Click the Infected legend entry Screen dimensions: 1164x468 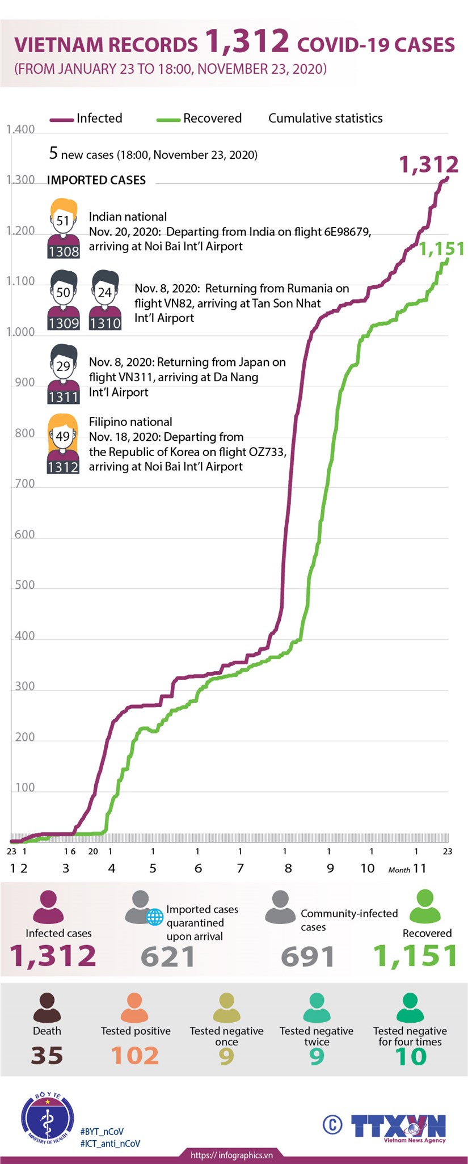[x=86, y=119]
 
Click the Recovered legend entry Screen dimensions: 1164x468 [x=200, y=119]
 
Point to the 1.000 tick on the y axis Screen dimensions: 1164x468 [x=20, y=332]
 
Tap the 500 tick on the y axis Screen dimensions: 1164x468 [x=24, y=585]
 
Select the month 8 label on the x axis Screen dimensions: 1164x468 [x=288, y=868]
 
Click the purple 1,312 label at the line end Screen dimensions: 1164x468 [x=428, y=165]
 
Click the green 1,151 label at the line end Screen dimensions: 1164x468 [x=442, y=248]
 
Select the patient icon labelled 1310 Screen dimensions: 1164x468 [x=105, y=300]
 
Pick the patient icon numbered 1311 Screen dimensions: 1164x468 [x=63, y=374]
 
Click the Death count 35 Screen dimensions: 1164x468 [x=47, y=1056]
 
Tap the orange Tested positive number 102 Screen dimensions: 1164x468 [x=135, y=1056]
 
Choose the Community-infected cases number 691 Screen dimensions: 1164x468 [x=307, y=956]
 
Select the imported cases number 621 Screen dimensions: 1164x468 [x=168, y=956]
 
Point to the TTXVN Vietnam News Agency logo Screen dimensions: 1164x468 [x=397, y=1127]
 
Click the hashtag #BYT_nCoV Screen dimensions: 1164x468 [x=102, y=1131]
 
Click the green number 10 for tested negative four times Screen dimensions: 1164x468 [x=410, y=1056]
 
